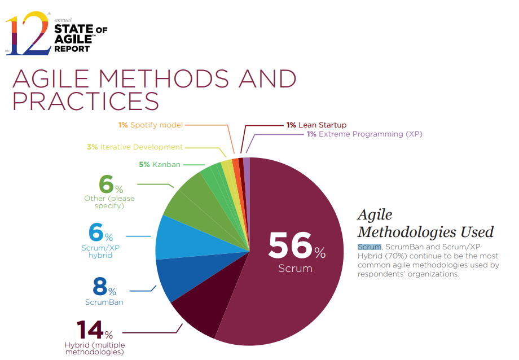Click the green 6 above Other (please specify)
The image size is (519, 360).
pyautogui.click(x=106, y=185)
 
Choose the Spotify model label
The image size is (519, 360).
pyautogui.click(x=156, y=125)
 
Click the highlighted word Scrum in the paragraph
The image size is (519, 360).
pyautogui.click(x=370, y=247)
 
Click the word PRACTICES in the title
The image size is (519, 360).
pyautogui.click(x=86, y=100)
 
